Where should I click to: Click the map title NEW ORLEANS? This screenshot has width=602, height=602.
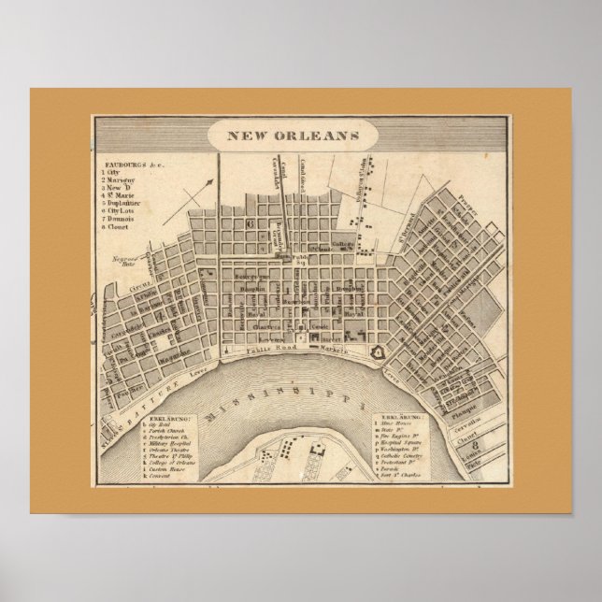pyautogui.click(x=294, y=136)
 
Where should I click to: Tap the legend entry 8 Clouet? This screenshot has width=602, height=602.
pyautogui.click(x=122, y=225)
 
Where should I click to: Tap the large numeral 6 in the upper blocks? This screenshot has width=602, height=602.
pyautogui.click(x=250, y=224)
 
